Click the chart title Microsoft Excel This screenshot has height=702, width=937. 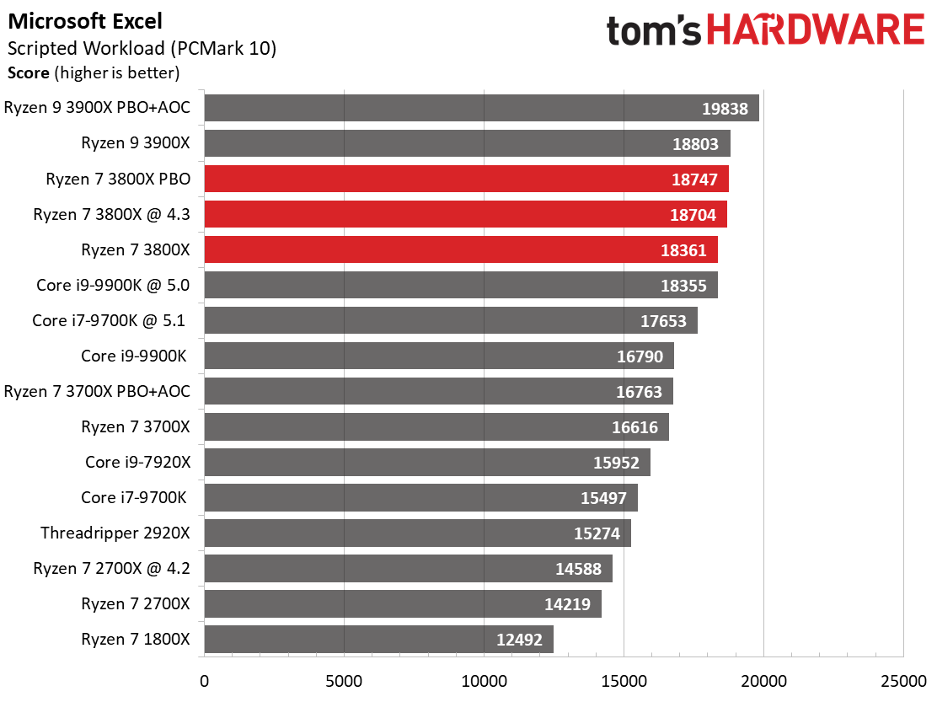pyautogui.click(x=85, y=22)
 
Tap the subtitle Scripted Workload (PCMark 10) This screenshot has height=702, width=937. pyautogui.click(x=142, y=48)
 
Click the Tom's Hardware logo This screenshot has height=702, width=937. pyautogui.click(x=765, y=29)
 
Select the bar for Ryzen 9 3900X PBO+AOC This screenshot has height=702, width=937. pyautogui.click(x=482, y=108)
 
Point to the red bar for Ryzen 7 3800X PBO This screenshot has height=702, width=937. pyautogui.click(x=467, y=179)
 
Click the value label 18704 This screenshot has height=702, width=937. pyautogui.click(x=693, y=215)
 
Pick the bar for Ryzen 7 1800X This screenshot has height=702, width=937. pyautogui.click(x=379, y=640)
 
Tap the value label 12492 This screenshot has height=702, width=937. pyautogui.click(x=519, y=640)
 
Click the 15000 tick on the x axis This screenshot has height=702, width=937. pyautogui.click(x=624, y=681)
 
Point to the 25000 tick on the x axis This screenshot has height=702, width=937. pyautogui.click(x=903, y=681)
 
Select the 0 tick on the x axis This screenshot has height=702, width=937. pyautogui.click(x=205, y=681)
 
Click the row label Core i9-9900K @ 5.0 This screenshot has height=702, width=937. pyautogui.click(x=113, y=285)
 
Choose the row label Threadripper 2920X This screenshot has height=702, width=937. pyautogui.click(x=115, y=533)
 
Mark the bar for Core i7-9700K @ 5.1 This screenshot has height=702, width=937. pyautogui.click(x=451, y=320)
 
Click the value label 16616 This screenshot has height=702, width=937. pyautogui.click(x=634, y=428)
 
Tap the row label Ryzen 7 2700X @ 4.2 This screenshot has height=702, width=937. pyautogui.click(x=112, y=568)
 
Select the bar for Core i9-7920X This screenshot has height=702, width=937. pyautogui.click(x=427, y=463)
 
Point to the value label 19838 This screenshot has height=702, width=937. pyautogui.click(x=725, y=109)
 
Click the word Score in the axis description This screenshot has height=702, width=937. pyautogui.click(x=29, y=72)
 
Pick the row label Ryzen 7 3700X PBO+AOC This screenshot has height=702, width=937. pyautogui.click(x=98, y=391)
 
